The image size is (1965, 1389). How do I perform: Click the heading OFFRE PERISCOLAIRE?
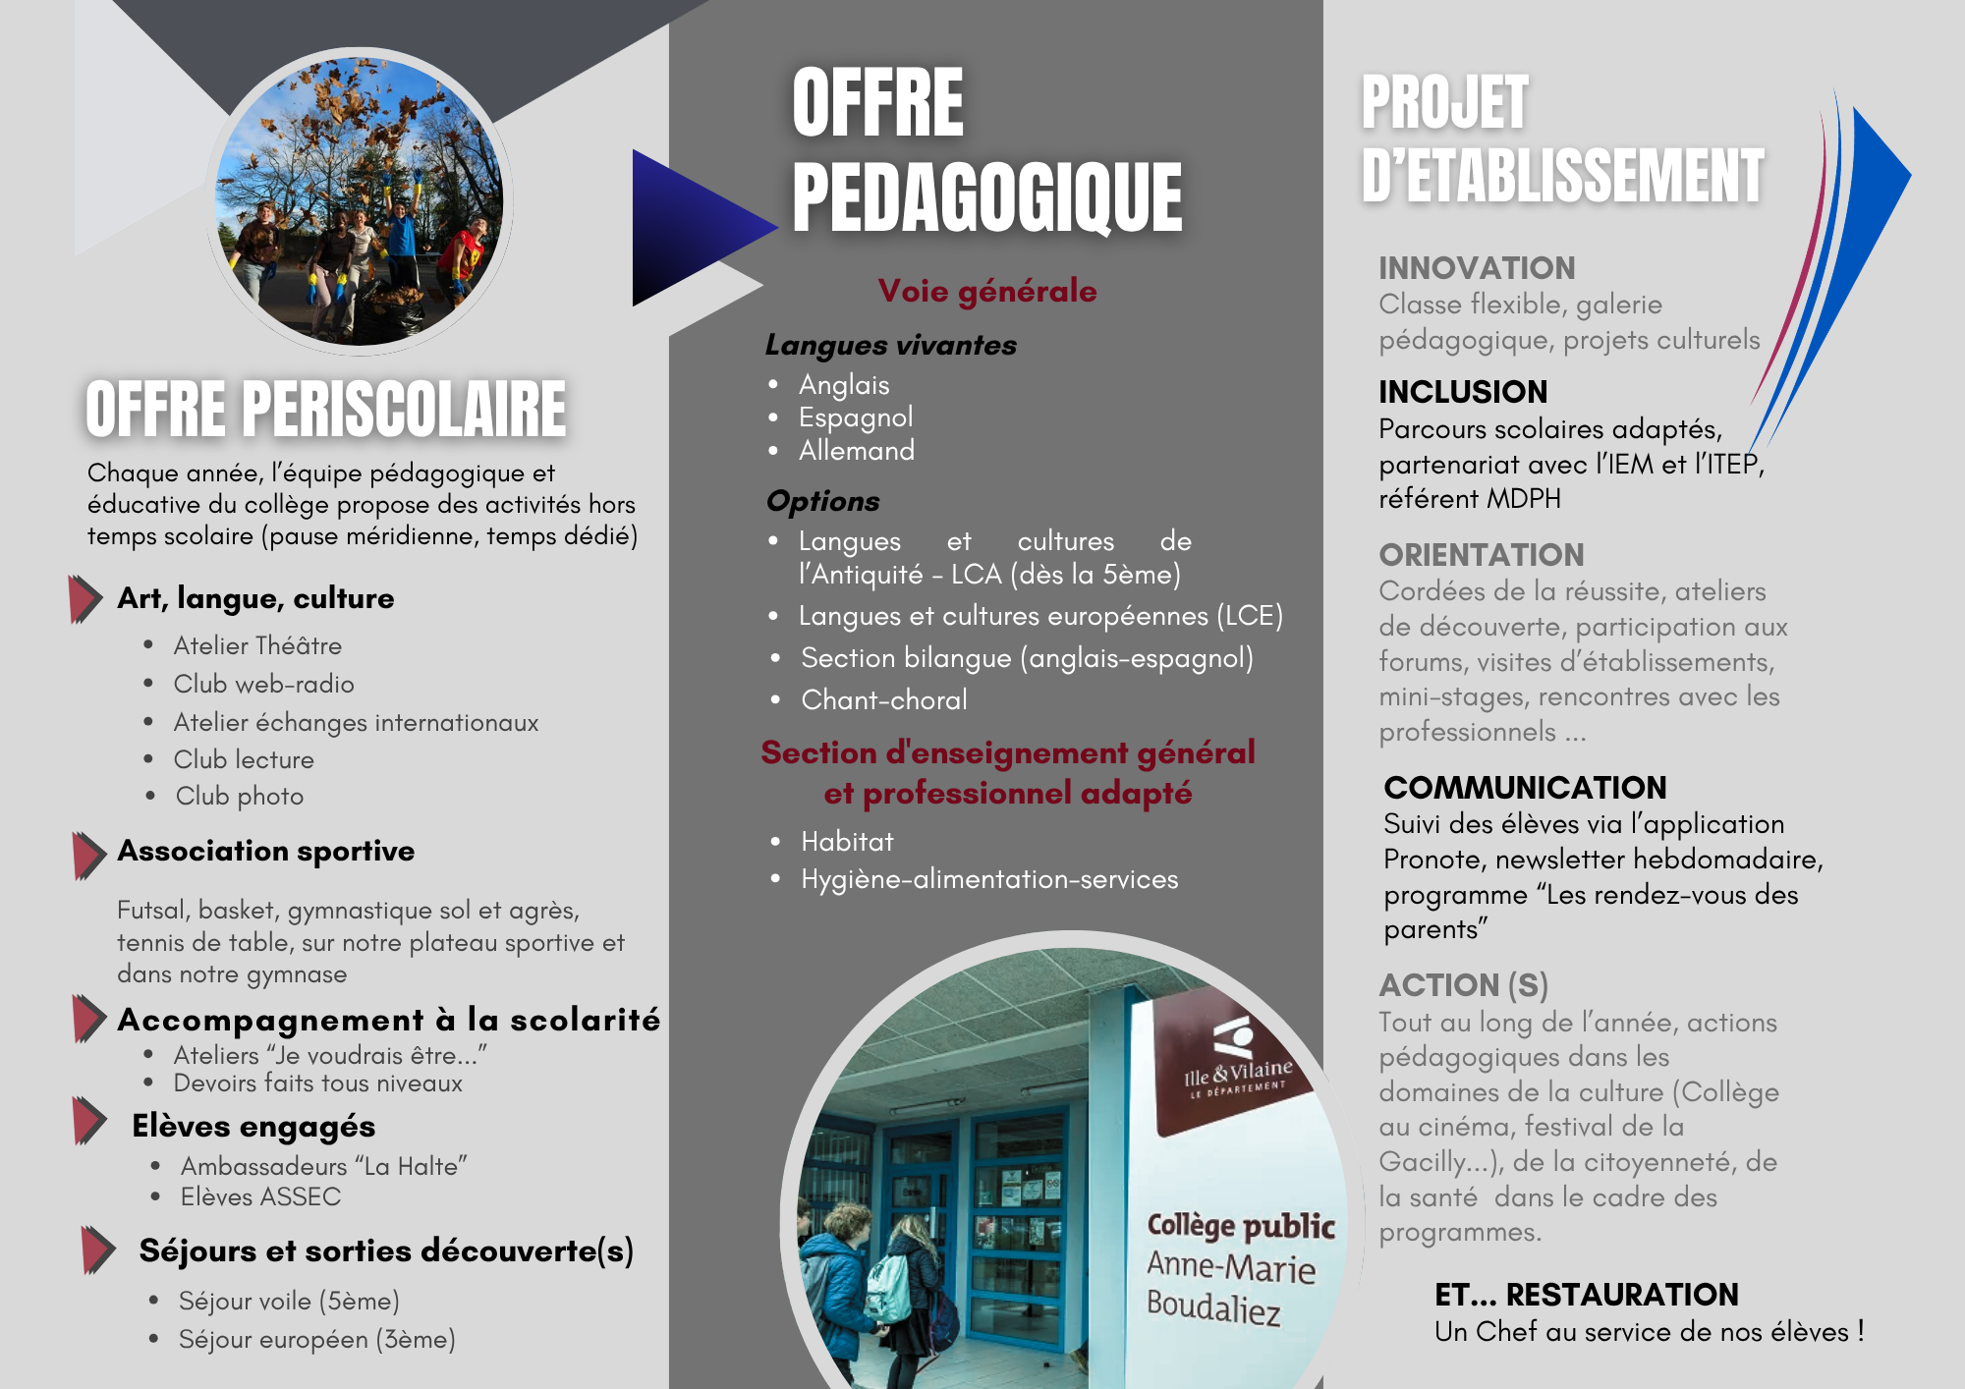point(325,409)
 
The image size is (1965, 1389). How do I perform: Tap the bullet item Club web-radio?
point(263,684)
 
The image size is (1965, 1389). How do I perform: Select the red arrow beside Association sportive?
point(88,855)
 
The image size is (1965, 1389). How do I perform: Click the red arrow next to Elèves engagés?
point(88,1121)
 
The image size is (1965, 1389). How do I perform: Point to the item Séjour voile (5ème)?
point(289,1301)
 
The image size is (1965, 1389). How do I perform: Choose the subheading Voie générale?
point(986,291)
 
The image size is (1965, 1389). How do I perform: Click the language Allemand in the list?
point(856,451)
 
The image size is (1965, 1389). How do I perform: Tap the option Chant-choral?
point(883,699)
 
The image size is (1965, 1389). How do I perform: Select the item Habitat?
point(847,842)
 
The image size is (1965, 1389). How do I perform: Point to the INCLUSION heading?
point(1462,392)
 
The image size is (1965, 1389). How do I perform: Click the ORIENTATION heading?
point(1481,555)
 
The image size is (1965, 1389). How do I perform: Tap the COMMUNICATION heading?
point(1524,788)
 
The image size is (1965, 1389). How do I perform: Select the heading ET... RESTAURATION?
point(1586,1295)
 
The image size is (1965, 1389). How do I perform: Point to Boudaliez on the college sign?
point(1213,1306)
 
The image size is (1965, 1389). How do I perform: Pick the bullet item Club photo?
point(239,796)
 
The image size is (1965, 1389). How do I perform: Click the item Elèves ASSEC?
point(260,1196)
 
